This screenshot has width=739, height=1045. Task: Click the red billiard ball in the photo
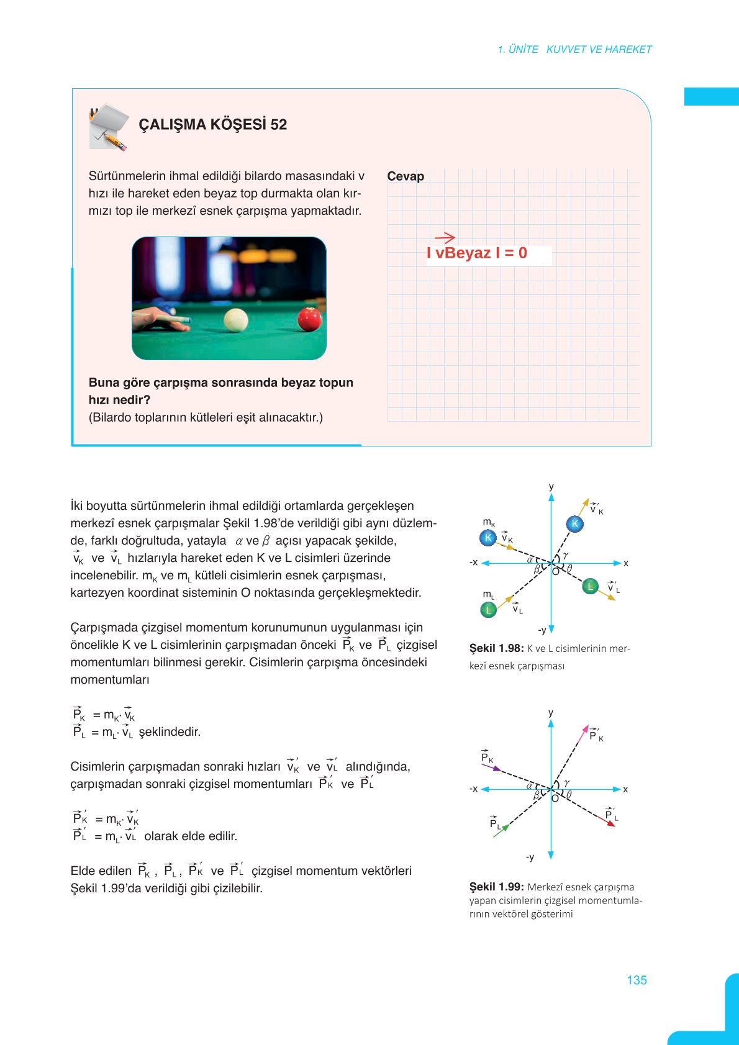point(309,319)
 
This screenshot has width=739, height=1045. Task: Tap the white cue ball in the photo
point(236,320)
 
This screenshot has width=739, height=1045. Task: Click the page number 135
point(637,980)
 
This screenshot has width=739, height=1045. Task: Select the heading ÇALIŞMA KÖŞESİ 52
point(212,124)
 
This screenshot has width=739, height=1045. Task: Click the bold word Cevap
point(406,176)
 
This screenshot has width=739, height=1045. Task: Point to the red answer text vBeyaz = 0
point(477,253)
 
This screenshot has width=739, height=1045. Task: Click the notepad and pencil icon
point(109,127)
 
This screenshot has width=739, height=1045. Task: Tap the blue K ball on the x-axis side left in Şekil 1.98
point(488,538)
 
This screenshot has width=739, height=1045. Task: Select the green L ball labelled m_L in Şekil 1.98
point(489,610)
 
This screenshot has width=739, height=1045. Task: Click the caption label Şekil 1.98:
point(497,648)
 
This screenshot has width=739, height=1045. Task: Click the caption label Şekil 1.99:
point(497,887)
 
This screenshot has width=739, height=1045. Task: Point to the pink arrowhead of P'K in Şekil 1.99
point(585,728)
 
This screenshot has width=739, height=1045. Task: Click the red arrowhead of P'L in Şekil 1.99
point(612,823)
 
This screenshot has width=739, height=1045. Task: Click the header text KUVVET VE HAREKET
point(599,50)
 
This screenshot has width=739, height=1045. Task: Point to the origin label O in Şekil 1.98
point(555,572)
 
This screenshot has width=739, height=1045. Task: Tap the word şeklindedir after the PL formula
point(170,732)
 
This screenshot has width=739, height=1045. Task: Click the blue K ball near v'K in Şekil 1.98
point(575,523)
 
